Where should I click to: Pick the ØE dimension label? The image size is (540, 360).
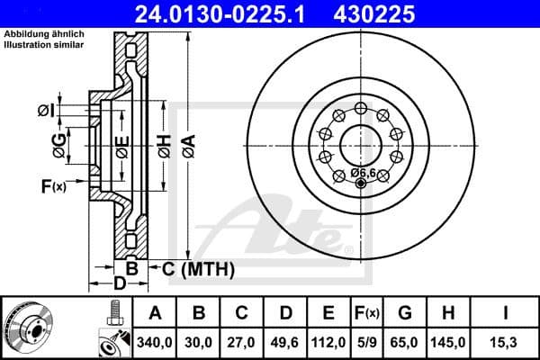(121, 146)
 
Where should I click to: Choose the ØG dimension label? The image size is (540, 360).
(59, 146)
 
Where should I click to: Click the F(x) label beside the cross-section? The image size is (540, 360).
(53, 186)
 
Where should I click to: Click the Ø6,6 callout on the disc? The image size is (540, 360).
(363, 172)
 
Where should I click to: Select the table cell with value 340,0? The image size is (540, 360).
(155, 341)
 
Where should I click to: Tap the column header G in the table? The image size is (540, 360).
(405, 313)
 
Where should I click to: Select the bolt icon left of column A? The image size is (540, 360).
(114, 314)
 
